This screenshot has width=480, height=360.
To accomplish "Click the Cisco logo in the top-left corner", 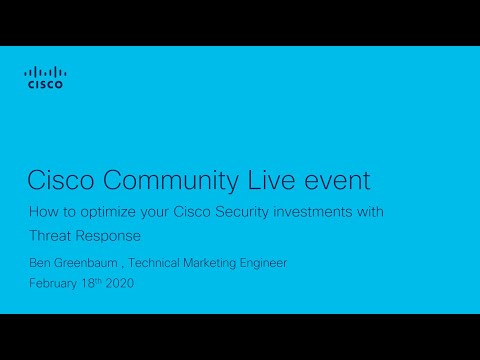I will [44, 78].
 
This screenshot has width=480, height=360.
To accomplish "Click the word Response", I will [113, 237].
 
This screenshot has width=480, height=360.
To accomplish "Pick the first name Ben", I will [39, 263].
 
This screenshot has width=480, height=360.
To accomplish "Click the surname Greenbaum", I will [88, 263].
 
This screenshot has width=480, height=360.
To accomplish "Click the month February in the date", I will [52, 284].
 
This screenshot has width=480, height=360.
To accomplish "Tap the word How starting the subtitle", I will [41, 212].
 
